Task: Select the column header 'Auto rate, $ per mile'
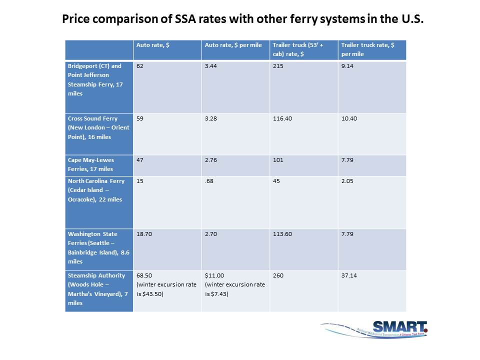[233, 45]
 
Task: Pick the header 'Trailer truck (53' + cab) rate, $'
[298, 49]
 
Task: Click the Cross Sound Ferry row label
[98, 127]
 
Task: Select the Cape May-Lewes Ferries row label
[91, 164]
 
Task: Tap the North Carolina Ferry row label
[96, 190]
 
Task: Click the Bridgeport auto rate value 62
[140, 66]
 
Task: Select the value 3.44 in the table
[211, 66]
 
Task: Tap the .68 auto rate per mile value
[209, 181]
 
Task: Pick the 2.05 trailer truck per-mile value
[347, 181]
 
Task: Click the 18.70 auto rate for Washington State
[144, 233]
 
